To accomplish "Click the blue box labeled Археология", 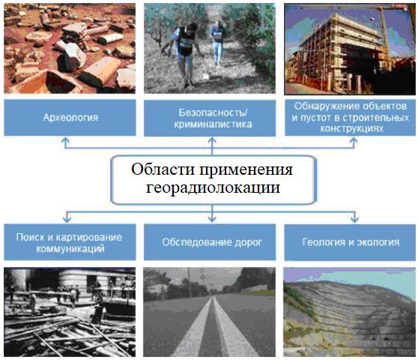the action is pos(70,118).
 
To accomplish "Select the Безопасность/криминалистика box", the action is pos(210,118).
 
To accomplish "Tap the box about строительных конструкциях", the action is pos(350,118).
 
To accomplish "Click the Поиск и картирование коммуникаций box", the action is pos(70,242).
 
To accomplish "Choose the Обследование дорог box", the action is pos(210,242).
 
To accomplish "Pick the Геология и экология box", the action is pos(350,242).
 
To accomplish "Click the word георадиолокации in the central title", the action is pos(213,187).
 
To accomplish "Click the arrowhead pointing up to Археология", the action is pos(66,140).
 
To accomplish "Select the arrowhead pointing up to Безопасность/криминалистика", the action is pos(212,140).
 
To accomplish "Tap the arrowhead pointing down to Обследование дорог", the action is pos(212,219).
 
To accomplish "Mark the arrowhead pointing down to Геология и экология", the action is pos(354,219).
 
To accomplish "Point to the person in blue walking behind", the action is pos(217,43).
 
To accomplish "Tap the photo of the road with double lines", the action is pos(209,312).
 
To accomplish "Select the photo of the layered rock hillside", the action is pos(349,312).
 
